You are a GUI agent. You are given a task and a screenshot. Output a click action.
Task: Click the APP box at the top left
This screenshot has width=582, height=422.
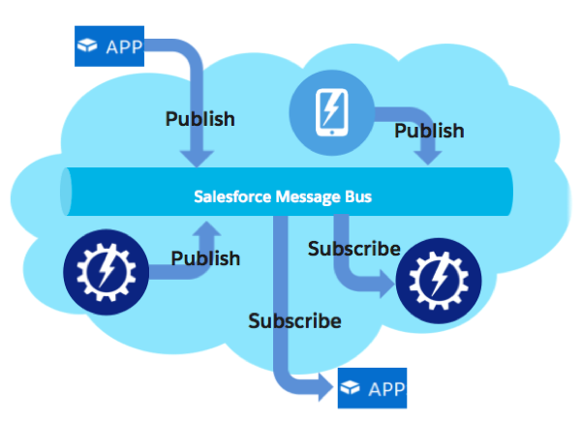tap(108, 45)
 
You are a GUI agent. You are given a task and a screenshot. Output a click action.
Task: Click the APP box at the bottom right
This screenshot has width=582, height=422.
tap(372, 389)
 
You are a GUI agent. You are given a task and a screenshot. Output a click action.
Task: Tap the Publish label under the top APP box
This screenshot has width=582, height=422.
tap(199, 119)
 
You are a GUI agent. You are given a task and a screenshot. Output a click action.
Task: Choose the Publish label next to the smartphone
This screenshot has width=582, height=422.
tap(429, 130)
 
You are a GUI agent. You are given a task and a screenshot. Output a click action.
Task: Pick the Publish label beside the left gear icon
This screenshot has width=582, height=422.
tap(205, 258)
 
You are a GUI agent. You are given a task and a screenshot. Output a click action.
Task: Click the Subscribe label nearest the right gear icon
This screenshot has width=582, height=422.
tap(353, 249)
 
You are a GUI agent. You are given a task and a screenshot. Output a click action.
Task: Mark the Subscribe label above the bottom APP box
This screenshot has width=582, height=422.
tap(294, 320)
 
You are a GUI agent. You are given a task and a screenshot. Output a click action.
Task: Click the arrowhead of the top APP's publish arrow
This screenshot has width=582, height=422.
tap(200, 157)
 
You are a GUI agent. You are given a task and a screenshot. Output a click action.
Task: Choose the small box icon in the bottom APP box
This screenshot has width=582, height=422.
tap(351, 389)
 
